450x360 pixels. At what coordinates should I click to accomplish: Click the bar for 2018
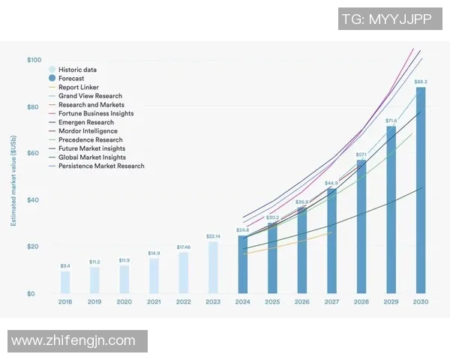coord(65,281)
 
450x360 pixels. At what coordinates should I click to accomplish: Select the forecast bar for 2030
coord(421,191)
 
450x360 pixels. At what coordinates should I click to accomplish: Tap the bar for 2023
coord(213,267)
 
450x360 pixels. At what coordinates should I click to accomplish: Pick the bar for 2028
coord(361,226)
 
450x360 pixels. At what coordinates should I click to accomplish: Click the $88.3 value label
coord(421,81)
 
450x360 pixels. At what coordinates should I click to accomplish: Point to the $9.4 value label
coord(65,265)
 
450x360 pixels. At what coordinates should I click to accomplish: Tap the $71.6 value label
coord(391,120)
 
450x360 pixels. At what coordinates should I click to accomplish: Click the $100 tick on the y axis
coord(34,60)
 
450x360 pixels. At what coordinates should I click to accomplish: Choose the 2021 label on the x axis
coord(154,301)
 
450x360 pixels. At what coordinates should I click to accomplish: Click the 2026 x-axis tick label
coord(302,301)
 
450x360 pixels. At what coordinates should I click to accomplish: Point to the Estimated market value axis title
coord(13,180)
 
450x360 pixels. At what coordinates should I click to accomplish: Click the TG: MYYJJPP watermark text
coord(386,20)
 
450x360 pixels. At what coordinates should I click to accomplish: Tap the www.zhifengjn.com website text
coord(73,340)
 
